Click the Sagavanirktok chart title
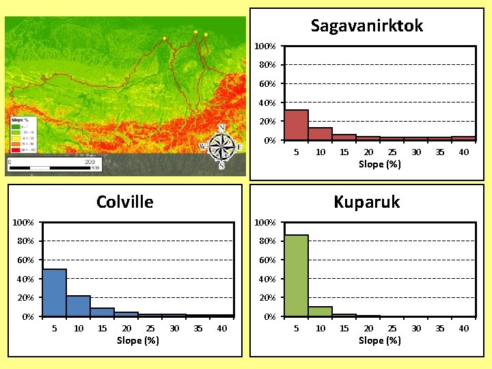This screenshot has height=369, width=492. (367, 26)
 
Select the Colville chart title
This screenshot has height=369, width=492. (125, 202)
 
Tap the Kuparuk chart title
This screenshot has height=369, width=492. (366, 202)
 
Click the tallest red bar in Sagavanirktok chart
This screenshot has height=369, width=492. (296, 125)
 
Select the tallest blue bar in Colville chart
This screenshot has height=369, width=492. (55, 292)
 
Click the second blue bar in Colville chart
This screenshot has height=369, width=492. (79, 305)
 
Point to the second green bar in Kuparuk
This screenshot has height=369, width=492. (320, 311)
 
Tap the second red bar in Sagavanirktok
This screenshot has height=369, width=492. (320, 134)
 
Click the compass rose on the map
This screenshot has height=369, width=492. (221, 146)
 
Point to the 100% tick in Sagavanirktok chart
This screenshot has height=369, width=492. (265, 46)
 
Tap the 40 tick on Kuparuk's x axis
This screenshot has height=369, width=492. (464, 329)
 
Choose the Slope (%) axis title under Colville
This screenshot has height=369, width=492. (138, 340)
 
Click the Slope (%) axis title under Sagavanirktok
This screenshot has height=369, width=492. (380, 164)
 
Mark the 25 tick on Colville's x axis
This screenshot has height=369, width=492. (150, 329)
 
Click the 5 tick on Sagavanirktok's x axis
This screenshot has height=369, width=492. (296, 152)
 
